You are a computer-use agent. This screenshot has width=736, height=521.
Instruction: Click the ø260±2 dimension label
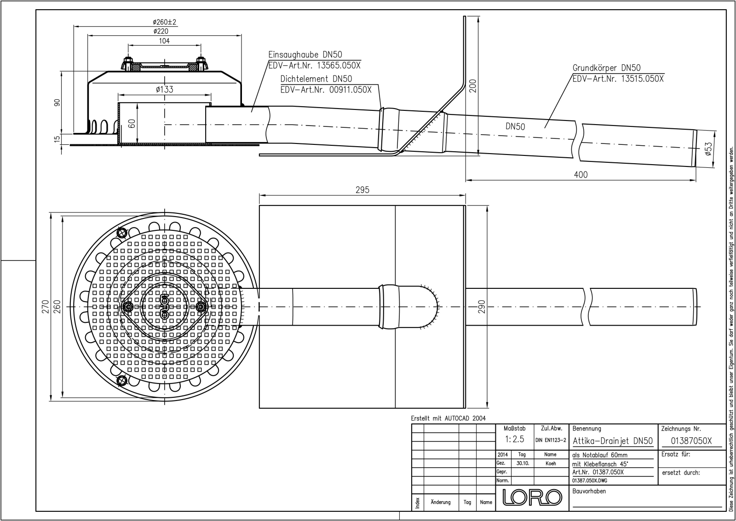(x=165, y=22)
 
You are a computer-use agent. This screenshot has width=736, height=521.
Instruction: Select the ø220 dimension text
(x=161, y=31)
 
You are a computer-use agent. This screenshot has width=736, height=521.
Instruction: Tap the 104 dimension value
(x=164, y=41)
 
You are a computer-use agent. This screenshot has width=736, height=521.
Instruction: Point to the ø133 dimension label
(x=164, y=89)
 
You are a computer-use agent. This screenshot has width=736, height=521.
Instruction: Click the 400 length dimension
(x=590, y=175)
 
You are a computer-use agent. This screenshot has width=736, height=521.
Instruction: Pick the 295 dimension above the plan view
(x=362, y=190)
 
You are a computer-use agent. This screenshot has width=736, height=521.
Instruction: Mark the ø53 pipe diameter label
(x=708, y=149)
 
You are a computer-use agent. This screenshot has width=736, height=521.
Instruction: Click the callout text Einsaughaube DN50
(x=305, y=55)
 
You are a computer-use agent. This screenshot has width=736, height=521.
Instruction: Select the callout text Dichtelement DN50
(x=316, y=79)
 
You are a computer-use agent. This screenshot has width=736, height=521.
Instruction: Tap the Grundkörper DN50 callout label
(x=607, y=68)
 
